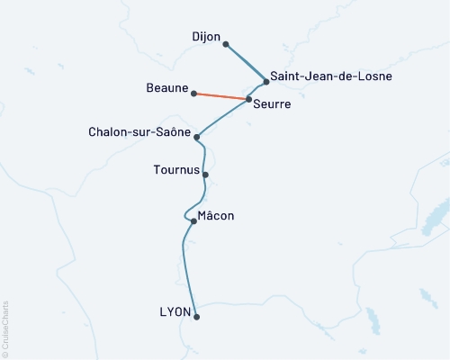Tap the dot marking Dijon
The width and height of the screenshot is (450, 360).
tap(226, 44)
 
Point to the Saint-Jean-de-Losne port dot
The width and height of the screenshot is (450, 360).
tap(266, 82)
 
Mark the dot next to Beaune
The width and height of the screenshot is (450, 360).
tap(193, 93)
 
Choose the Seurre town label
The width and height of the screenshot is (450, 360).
tap(273, 104)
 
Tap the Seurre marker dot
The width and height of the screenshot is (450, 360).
tap(248, 99)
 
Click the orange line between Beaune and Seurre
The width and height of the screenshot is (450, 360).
tap(220, 95)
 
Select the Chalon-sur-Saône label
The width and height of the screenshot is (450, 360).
tap(139, 132)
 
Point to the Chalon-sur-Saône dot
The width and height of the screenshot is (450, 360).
tap(196, 138)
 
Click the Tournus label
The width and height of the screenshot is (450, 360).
tap(176, 168)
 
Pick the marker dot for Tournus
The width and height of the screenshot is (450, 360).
tap(206, 175)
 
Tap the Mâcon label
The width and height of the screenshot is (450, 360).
tap(215, 216)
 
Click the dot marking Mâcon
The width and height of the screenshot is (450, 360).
tap(193, 221)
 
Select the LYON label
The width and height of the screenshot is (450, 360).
tap(175, 312)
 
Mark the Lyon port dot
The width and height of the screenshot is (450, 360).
tap(196, 317)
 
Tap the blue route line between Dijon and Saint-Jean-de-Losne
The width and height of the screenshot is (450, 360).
tap(246, 63)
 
